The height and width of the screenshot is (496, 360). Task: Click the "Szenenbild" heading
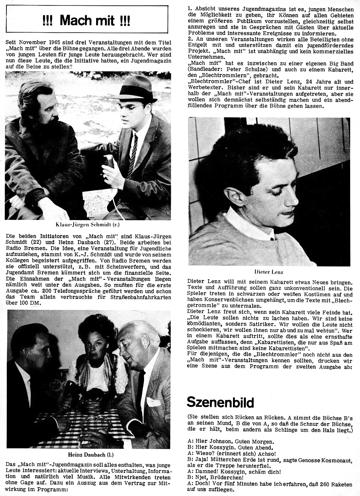(220, 403)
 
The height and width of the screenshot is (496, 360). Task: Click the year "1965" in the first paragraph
(58, 42)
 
